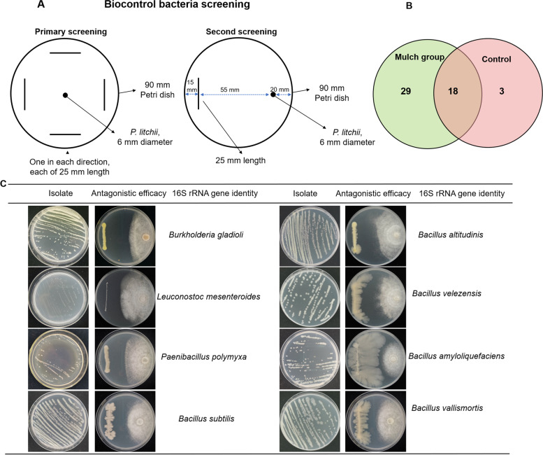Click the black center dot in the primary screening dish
coord(65,94)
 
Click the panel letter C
coord(5,184)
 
